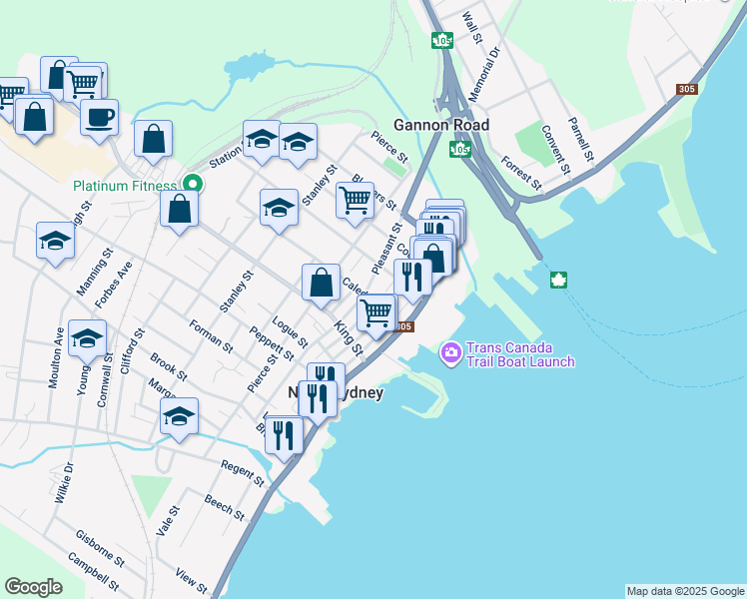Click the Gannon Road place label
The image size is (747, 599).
tap(441, 125)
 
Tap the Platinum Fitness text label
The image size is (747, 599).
tap(124, 186)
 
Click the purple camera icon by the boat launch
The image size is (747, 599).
tap(450, 351)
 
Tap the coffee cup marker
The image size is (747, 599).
tap(99, 118)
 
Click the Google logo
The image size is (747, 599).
tap(33, 587)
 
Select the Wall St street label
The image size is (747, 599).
tap(473, 28)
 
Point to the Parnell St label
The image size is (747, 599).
tap(580, 140)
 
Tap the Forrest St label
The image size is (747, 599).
tap(520, 173)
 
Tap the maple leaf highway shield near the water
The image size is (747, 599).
tap(558, 281)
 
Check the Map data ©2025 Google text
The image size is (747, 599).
tap(684, 591)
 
